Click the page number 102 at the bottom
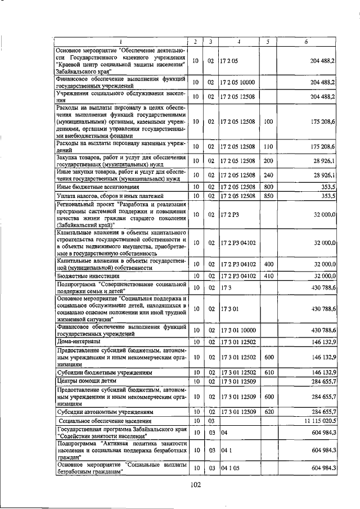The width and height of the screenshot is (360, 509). (x=196, y=485)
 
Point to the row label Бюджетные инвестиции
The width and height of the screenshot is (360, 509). (x=87, y=276)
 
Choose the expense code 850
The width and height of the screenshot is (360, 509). (x=268, y=196)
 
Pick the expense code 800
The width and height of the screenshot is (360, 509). (x=268, y=187)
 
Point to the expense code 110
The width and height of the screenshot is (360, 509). (x=268, y=147)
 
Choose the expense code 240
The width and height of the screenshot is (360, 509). (x=268, y=175)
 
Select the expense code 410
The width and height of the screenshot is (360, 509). (x=268, y=276)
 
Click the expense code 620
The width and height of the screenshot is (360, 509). (x=268, y=412)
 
